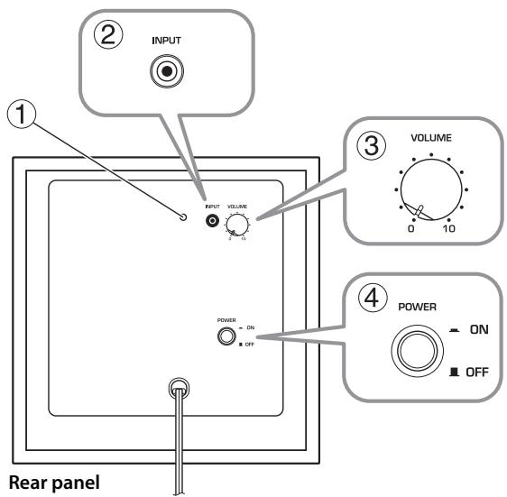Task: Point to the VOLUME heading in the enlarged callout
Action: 429,140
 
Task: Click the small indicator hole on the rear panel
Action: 183,217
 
